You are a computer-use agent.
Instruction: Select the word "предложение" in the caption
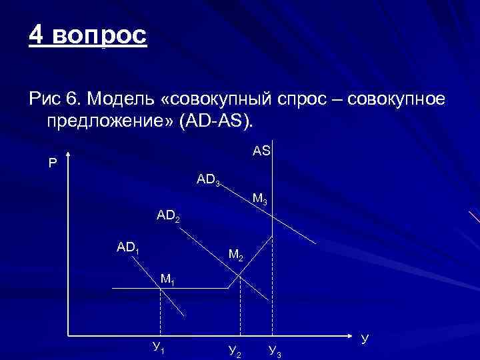108,122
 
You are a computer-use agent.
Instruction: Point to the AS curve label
261,151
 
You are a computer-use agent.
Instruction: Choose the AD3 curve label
209,180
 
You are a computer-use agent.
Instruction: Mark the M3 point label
260,199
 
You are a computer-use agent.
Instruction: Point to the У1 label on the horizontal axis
159,346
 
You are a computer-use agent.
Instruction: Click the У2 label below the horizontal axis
234,349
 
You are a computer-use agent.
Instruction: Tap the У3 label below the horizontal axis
274,349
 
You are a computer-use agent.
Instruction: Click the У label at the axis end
364,338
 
